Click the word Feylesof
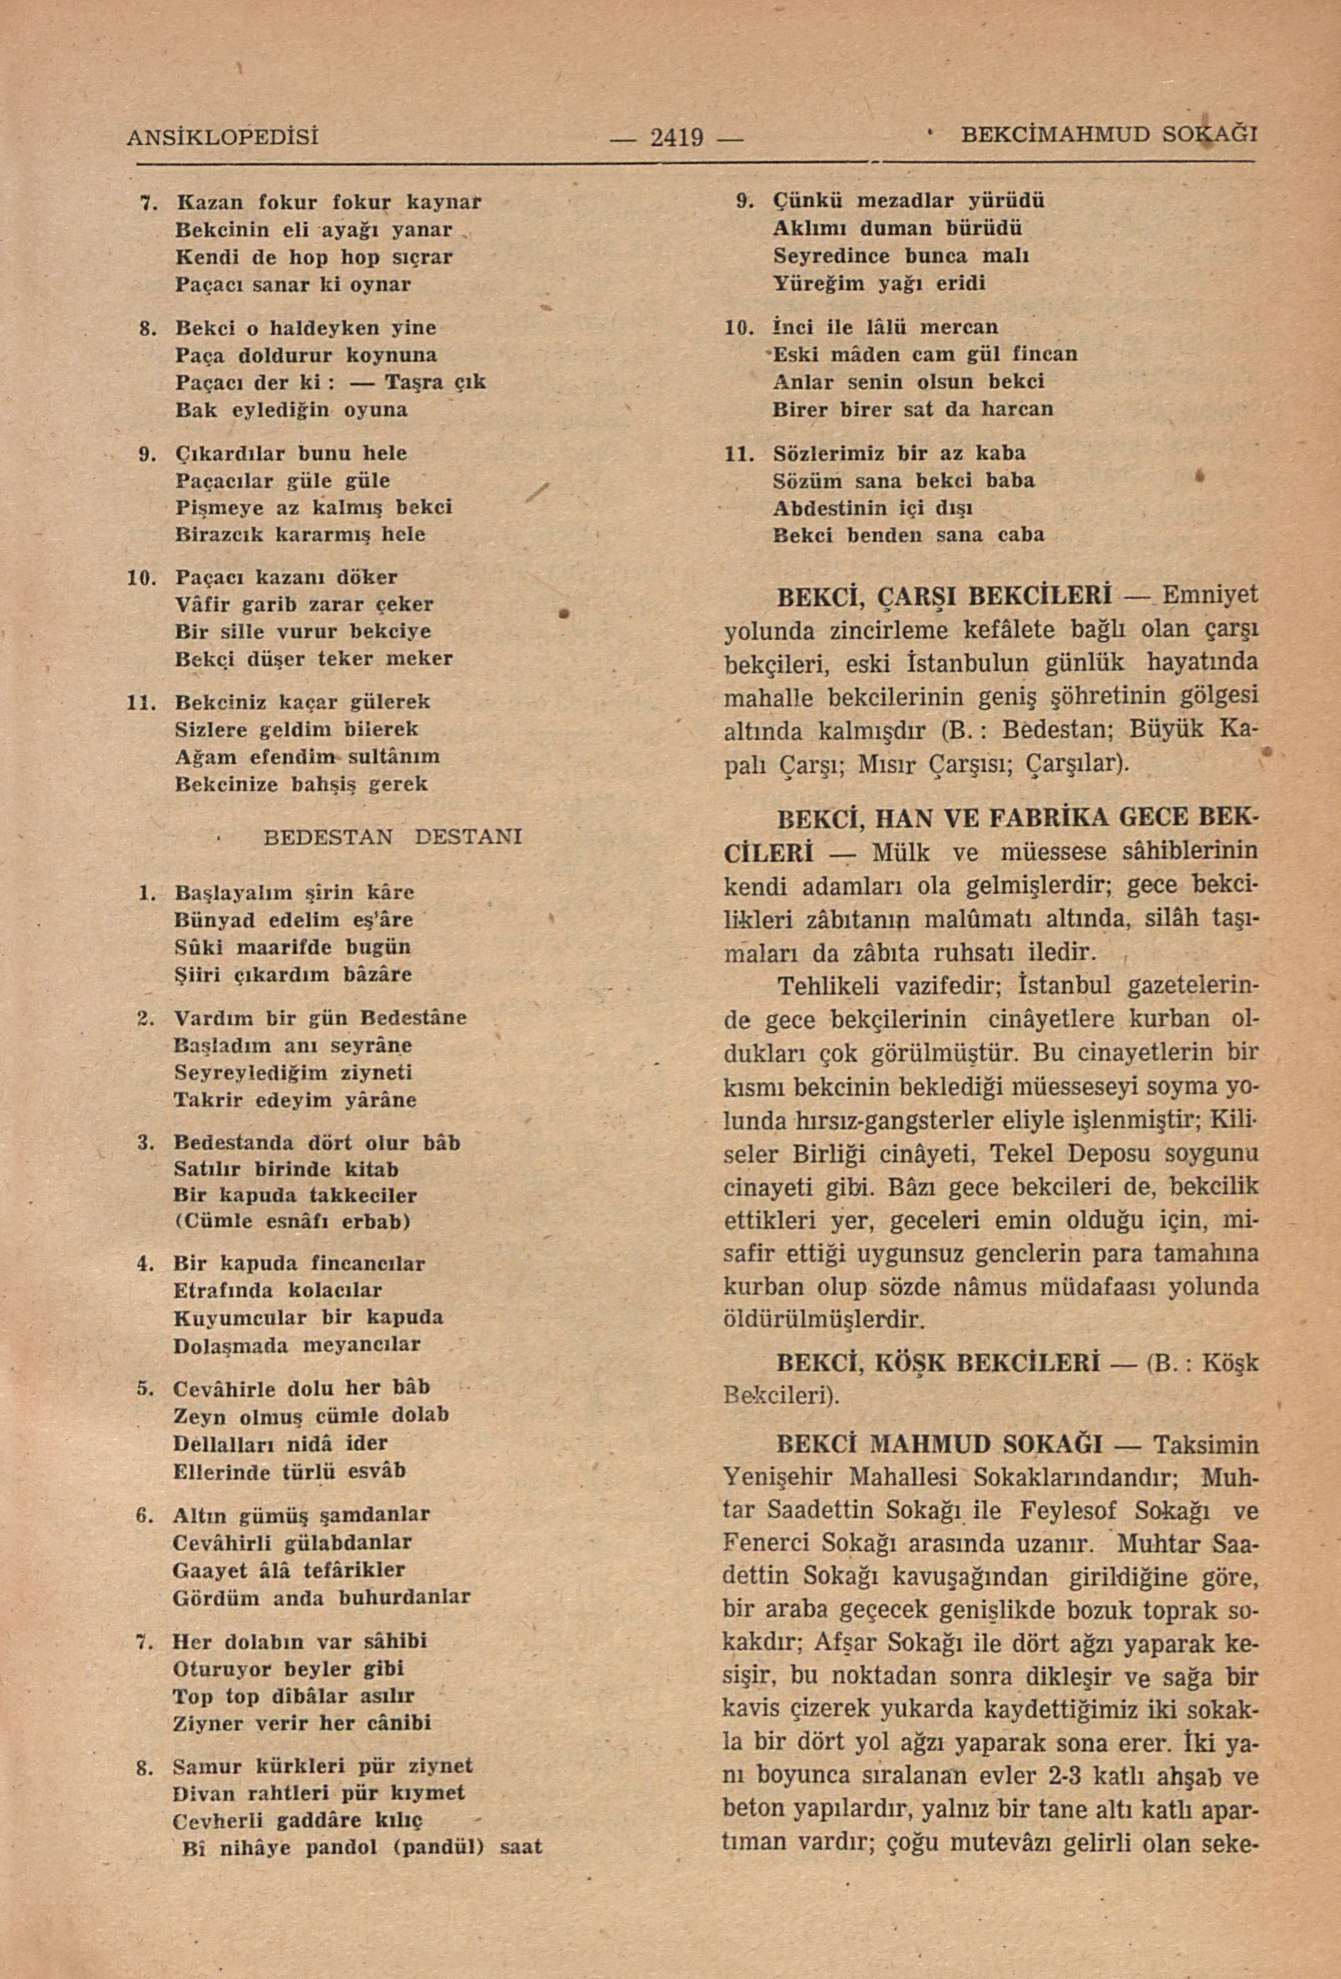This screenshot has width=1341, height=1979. pos(1071,1511)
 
